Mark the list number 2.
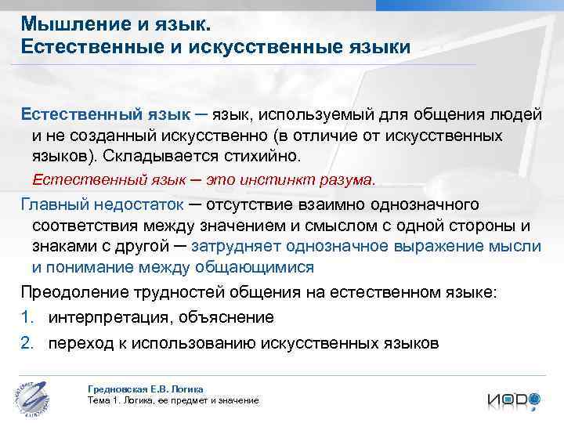[x=25, y=343]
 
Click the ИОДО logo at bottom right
[x=512, y=399]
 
